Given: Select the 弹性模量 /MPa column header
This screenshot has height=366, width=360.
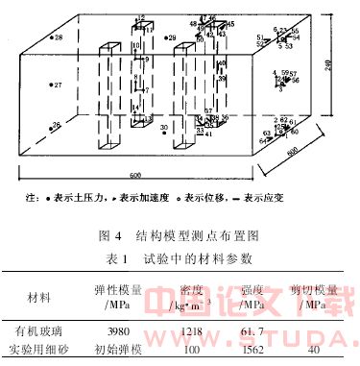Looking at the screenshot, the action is (x=114, y=295).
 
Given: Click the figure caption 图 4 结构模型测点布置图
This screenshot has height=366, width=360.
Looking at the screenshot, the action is (x=179, y=233).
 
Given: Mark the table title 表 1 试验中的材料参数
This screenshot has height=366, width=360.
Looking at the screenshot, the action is (x=180, y=256).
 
